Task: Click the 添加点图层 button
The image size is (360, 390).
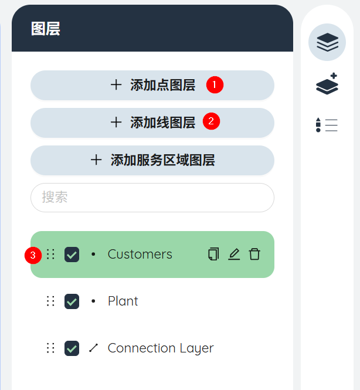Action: pyautogui.click(x=152, y=85)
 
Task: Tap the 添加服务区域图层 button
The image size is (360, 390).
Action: pyautogui.click(x=152, y=161)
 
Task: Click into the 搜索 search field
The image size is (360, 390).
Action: pyautogui.click(x=152, y=198)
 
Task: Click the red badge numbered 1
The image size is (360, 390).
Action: pyautogui.click(x=215, y=85)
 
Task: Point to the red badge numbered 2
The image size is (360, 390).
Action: pyautogui.click(x=211, y=121)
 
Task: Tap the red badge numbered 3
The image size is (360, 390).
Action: pyautogui.click(x=33, y=255)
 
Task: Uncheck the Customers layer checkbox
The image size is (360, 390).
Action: pyautogui.click(x=72, y=255)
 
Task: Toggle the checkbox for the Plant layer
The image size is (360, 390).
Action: pyautogui.click(x=72, y=301)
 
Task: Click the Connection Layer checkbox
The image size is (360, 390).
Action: pyautogui.click(x=72, y=348)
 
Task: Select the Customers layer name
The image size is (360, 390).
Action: pyautogui.click(x=140, y=254)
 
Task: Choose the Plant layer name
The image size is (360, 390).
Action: pyautogui.click(x=123, y=301)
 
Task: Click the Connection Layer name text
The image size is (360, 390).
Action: pyautogui.click(x=161, y=348)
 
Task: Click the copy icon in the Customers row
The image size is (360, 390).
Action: pyautogui.click(x=213, y=254)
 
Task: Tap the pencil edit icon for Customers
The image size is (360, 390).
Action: pyautogui.click(x=234, y=254)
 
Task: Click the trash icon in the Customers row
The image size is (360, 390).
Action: pyautogui.click(x=254, y=254)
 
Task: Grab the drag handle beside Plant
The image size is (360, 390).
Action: pyautogui.click(x=50, y=301)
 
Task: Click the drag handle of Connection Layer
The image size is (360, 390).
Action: pyautogui.click(x=50, y=348)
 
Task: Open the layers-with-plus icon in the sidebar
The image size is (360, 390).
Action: pyautogui.click(x=327, y=84)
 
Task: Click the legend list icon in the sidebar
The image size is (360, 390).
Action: pyautogui.click(x=327, y=125)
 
